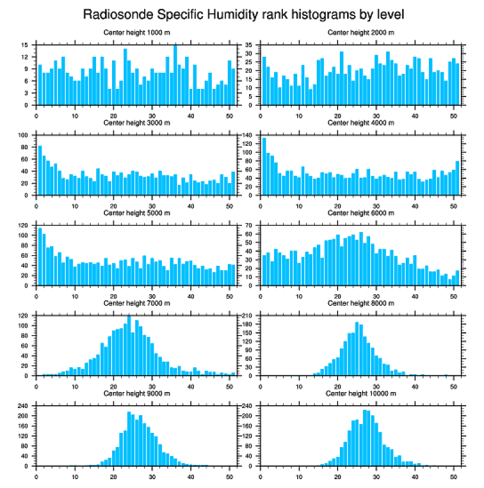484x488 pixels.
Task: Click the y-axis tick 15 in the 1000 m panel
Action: pos(26,45)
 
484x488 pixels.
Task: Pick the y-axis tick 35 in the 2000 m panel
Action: pos(250,45)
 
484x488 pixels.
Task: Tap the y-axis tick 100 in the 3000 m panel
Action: pos(24,135)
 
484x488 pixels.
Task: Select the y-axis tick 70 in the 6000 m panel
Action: pos(250,226)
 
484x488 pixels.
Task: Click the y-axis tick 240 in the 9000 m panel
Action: pos(24,406)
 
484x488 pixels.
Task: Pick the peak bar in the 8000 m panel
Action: pos(357,349)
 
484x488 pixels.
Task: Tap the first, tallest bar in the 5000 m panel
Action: pos(40,256)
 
